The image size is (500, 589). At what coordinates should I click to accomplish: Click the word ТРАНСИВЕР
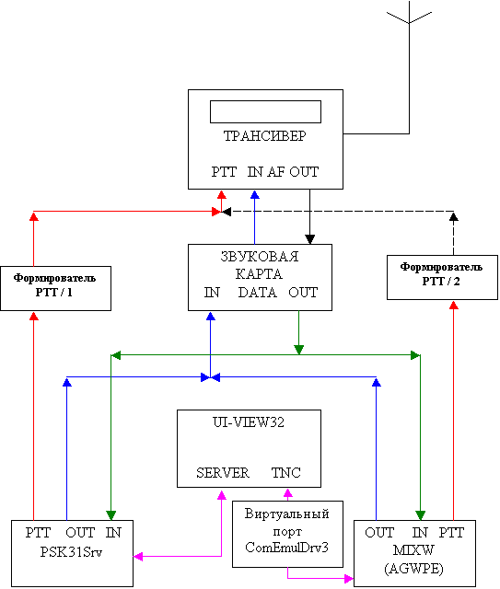(x=265, y=136)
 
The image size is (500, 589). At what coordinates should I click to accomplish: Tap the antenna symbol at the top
(x=409, y=15)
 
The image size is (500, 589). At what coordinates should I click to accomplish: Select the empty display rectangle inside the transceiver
(x=265, y=111)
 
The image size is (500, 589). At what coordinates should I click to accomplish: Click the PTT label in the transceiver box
(x=224, y=172)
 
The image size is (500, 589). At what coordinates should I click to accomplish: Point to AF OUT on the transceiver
(x=293, y=172)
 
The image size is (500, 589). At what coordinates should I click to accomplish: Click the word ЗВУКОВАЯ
(x=260, y=257)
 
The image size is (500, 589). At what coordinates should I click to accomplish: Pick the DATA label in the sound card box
(x=258, y=293)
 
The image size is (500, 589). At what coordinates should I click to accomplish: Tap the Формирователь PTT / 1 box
(x=55, y=288)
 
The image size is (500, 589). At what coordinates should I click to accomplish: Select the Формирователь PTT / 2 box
(x=443, y=278)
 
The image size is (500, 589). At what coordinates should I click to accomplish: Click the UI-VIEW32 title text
(x=249, y=422)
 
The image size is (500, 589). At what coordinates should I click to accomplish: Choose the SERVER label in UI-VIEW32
(x=223, y=472)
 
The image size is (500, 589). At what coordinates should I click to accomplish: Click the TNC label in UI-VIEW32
(x=286, y=472)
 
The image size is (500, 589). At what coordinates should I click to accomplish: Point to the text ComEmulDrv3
(x=287, y=548)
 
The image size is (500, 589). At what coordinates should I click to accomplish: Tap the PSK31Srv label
(x=71, y=552)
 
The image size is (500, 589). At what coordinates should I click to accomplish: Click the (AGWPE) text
(x=414, y=569)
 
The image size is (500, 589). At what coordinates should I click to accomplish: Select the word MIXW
(x=413, y=550)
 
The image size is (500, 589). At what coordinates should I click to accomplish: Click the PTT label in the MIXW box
(x=451, y=532)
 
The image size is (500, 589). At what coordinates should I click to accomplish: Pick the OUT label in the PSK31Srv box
(x=80, y=532)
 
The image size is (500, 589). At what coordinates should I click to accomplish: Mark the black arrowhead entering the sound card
(x=309, y=239)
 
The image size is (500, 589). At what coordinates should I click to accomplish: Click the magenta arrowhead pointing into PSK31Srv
(x=138, y=556)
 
